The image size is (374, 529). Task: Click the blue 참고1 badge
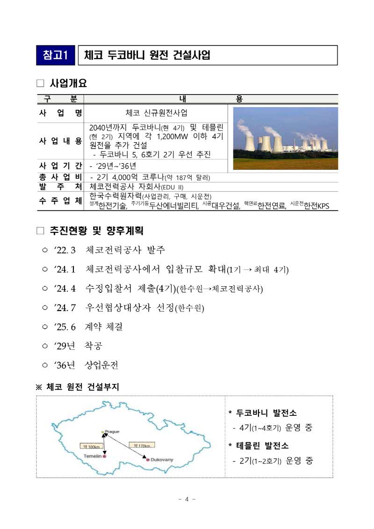55,55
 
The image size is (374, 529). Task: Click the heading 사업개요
68,84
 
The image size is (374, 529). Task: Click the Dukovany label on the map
162,460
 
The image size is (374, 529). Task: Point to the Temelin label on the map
92,456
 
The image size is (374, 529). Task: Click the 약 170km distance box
142,445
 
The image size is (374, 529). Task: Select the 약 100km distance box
91,446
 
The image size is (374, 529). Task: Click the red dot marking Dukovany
148,460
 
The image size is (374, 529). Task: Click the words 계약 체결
104,326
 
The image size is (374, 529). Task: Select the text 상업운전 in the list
105,365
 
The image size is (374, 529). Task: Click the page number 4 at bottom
187,499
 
